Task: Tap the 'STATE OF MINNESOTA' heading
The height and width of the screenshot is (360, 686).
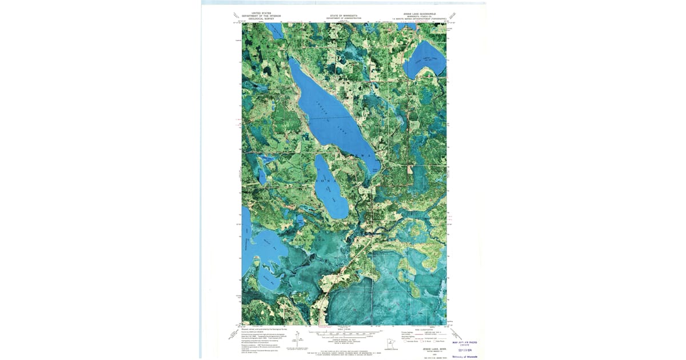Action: point(344,15)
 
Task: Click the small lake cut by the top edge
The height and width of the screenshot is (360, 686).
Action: point(276,30)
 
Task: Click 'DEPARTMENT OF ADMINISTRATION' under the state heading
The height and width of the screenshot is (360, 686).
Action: point(344,19)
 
